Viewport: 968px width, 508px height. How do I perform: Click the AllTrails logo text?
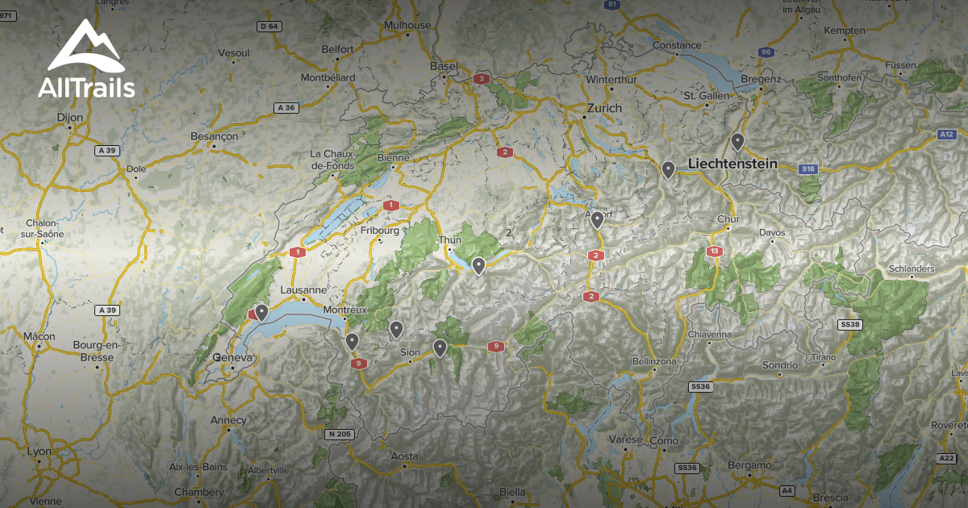coord(86,88)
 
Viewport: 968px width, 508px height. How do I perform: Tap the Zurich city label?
coord(604,108)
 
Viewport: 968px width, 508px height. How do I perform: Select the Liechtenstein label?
coord(732,164)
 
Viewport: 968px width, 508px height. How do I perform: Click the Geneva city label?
coord(231,357)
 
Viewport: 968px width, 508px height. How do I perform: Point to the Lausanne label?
coord(303,290)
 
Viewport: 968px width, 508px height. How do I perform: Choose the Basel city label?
coord(443,65)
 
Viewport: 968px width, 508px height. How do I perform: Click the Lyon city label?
coord(38,452)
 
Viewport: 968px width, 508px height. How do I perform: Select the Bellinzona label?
coord(654,361)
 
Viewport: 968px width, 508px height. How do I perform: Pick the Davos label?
coord(772,233)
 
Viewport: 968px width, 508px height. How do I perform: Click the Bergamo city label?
coord(749,465)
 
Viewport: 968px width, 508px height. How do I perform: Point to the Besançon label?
coord(214,136)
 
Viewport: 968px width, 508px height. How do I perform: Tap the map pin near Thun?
coord(478,265)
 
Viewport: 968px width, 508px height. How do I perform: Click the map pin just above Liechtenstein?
coord(737,142)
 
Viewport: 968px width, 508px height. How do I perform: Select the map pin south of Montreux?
coord(352,342)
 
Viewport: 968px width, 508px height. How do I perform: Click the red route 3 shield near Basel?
coord(482,79)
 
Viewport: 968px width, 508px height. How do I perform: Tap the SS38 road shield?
coord(850,324)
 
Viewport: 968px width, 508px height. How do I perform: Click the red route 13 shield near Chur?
coord(714,252)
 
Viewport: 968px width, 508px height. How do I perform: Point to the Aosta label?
coord(404,456)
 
